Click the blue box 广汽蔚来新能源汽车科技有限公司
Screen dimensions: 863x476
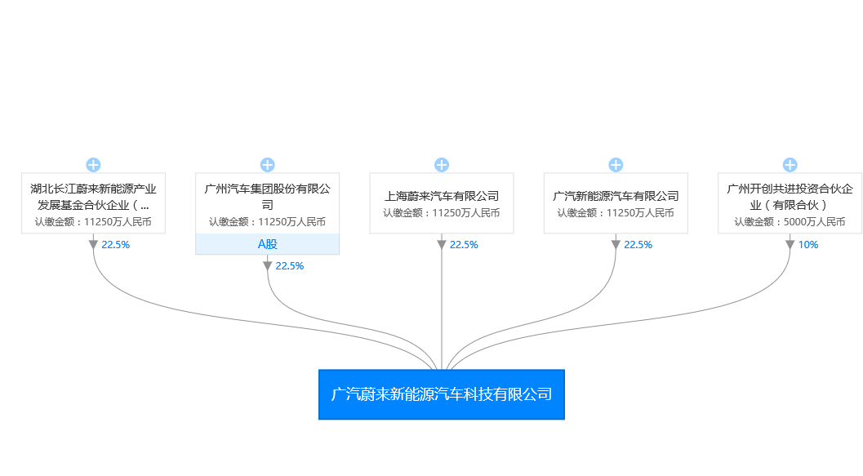[x=442, y=394]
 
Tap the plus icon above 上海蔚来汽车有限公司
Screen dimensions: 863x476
[x=442, y=165]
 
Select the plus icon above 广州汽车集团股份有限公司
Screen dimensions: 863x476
[x=268, y=165]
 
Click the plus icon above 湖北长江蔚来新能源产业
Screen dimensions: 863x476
[x=93, y=165]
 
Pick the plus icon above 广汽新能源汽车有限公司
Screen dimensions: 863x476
[x=616, y=165]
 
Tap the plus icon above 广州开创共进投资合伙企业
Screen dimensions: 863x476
[x=790, y=165]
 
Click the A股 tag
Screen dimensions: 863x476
[x=268, y=244]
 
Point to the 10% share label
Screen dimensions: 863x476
[x=808, y=245]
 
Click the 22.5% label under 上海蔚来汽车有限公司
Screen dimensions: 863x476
[x=464, y=245]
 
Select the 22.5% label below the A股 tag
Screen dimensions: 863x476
[x=290, y=266]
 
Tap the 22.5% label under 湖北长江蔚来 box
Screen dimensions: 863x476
[x=116, y=245]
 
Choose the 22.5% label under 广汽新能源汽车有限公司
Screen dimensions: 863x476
[x=638, y=245]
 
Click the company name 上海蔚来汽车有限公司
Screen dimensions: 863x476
[x=442, y=196]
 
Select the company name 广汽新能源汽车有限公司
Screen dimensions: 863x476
[x=616, y=196]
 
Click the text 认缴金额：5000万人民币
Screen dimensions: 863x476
[x=790, y=222]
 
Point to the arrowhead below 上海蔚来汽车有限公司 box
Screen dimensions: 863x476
[x=442, y=245]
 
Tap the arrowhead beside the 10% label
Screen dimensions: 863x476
[x=790, y=245]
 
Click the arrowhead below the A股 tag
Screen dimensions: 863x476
[x=268, y=266]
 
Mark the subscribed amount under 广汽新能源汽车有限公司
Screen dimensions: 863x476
[x=616, y=213]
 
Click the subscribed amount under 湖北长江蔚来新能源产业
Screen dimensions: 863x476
[x=93, y=222]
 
